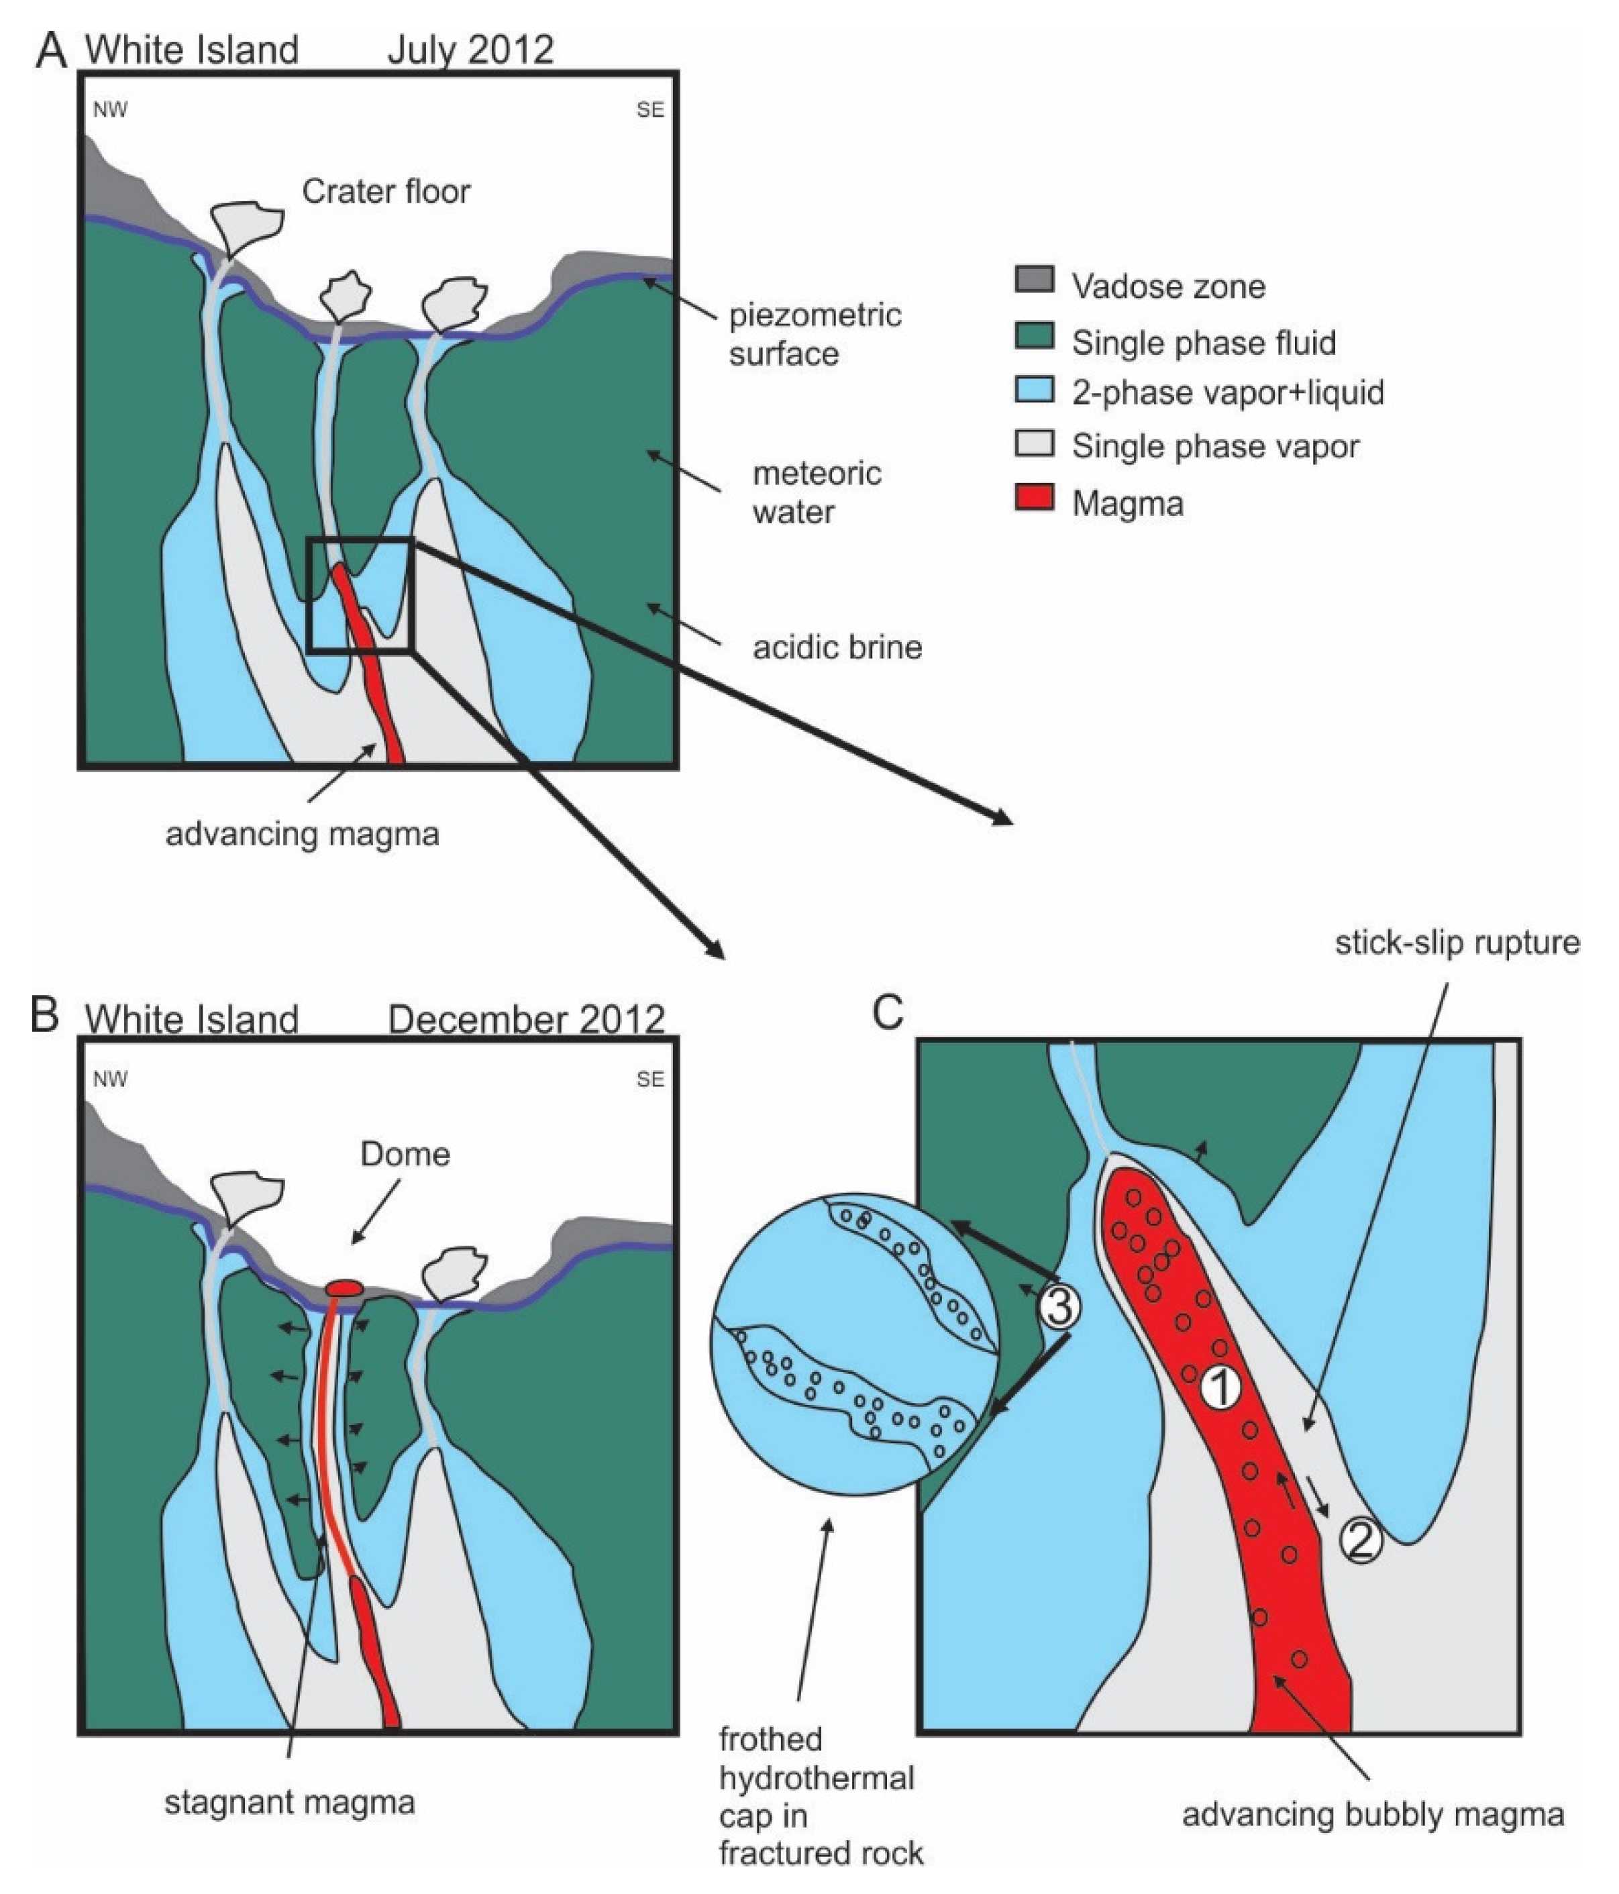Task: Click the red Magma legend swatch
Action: point(1034,499)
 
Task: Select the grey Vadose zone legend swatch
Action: point(1034,280)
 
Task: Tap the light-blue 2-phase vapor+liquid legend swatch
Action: point(1034,389)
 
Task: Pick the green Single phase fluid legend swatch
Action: point(1034,336)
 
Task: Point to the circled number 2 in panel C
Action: point(1360,1541)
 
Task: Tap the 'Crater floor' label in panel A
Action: point(386,192)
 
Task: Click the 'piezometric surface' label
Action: point(814,333)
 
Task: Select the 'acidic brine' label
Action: point(837,647)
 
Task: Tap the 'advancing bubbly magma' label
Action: point(1373,1814)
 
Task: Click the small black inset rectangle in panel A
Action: point(360,595)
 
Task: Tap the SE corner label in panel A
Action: point(650,109)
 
